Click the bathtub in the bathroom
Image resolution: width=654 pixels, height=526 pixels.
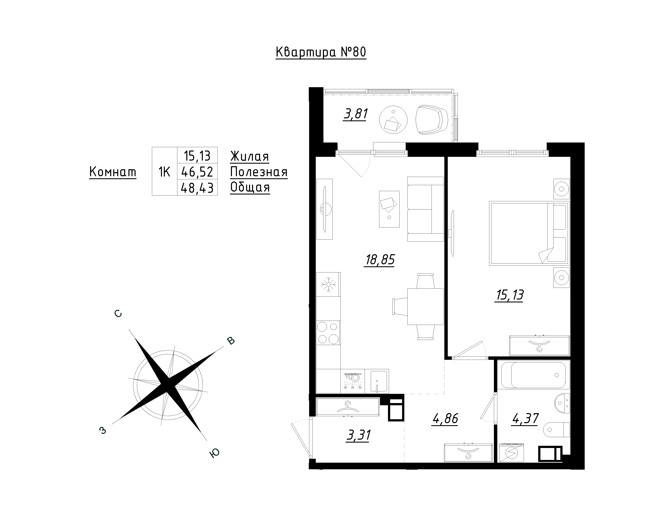click(535, 375)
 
